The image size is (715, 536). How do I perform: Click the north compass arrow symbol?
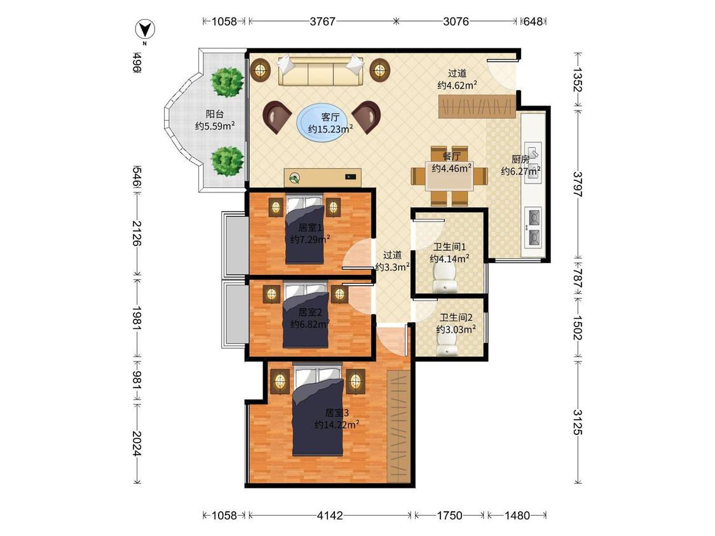[145, 30]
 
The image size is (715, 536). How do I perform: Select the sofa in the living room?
[320, 70]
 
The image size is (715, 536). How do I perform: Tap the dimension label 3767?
[322, 22]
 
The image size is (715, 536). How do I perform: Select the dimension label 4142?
[330, 516]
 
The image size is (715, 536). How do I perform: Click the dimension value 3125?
[578, 422]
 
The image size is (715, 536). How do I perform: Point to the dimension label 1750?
[449, 516]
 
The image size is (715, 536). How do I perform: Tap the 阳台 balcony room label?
[214, 114]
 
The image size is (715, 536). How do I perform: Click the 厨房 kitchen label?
[521, 159]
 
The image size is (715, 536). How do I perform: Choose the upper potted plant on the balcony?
[227, 82]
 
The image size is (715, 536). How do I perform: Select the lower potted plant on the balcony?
[227, 161]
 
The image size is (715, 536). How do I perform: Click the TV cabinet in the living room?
[322, 177]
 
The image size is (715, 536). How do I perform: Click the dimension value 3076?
[456, 22]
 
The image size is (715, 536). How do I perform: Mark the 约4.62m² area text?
[458, 85]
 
